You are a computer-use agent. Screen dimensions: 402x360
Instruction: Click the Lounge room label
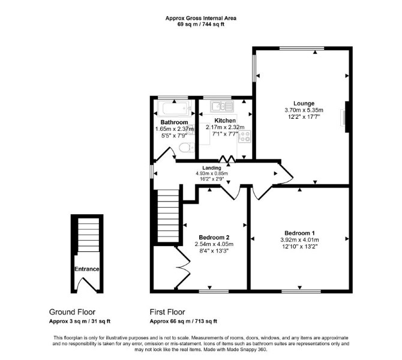pos(304,103)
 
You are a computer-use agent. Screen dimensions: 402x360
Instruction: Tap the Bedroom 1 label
pos(299,233)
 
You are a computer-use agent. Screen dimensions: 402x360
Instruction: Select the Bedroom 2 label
pos(214,237)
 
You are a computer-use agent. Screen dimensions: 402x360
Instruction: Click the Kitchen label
pos(225,120)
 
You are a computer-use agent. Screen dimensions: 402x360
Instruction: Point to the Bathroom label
pos(175,122)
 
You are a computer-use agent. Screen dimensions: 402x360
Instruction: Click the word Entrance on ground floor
pos(87,269)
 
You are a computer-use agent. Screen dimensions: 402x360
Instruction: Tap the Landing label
pos(212,168)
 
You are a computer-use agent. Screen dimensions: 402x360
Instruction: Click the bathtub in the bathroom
pos(175,109)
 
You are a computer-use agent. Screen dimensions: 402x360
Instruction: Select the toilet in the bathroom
pos(187,148)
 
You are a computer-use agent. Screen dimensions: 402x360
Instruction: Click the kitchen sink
pos(222,106)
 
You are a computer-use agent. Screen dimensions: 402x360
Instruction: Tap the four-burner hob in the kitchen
pos(244,136)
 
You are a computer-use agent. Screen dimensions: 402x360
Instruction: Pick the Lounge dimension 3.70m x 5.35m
pos(304,110)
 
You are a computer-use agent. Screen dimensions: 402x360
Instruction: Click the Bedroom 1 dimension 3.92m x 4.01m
pos(299,240)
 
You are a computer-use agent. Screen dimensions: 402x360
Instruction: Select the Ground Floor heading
pos(72,312)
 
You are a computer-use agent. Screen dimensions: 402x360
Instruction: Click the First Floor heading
pos(167,312)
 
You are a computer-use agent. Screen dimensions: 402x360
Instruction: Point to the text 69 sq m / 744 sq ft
pos(201,25)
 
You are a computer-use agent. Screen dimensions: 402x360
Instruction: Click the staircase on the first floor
pos(168,215)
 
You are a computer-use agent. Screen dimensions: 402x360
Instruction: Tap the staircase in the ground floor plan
pos(88,235)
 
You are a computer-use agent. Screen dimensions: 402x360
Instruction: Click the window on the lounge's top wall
pos(302,48)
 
